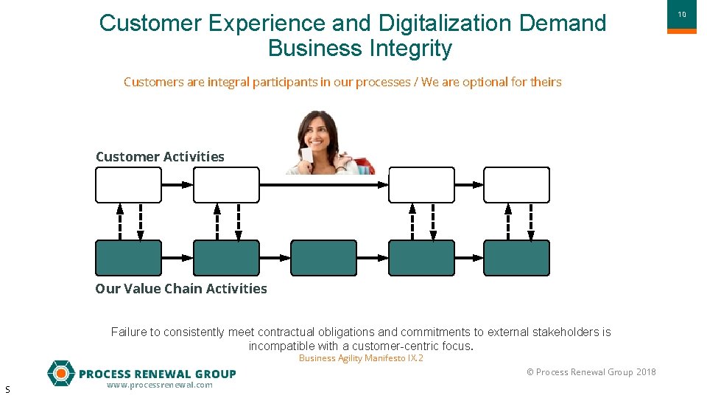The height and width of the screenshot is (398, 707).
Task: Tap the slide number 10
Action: (681, 14)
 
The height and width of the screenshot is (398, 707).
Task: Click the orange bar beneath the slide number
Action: (681, 31)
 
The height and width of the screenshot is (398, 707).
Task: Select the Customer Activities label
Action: (160, 156)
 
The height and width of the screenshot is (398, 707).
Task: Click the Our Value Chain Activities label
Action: (181, 288)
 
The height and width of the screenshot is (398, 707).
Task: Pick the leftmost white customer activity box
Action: (128, 185)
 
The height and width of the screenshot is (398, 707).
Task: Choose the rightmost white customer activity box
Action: (516, 185)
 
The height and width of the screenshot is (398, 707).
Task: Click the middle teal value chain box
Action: (323, 258)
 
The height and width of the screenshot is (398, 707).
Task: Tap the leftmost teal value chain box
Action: (128, 258)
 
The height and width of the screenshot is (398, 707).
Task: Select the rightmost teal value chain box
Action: (516, 258)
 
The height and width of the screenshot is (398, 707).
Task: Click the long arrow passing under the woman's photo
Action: (324, 185)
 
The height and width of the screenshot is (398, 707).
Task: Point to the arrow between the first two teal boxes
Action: (177, 258)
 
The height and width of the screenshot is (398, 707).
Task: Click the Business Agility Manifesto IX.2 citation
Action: (361, 358)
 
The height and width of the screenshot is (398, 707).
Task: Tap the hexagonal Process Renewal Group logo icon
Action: (60, 373)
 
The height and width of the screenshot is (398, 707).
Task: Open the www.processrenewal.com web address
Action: (159, 385)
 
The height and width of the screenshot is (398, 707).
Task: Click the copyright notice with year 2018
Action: (591, 371)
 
